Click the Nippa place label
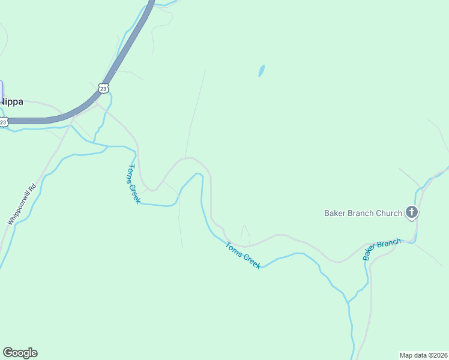tap(11, 101)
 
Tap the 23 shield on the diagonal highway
tap(103, 88)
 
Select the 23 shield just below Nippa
tap(4, 122)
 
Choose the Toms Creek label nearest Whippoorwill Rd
tap(134, 184)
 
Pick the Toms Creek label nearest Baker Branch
tap(243, 255)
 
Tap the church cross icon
tap(412, 212)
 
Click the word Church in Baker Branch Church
tap(390, 213)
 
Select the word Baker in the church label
tap(335, 213)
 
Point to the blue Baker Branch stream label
tap(381, 249)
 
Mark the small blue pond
tap(261, 71)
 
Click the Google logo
tap(20, 353)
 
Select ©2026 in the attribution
tap(437, 355)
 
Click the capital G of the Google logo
tap(8, 353)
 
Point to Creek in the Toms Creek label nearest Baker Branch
tap(250, 260)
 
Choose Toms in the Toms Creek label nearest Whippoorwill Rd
tap(131, 173)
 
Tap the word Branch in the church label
tap(362, 213)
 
